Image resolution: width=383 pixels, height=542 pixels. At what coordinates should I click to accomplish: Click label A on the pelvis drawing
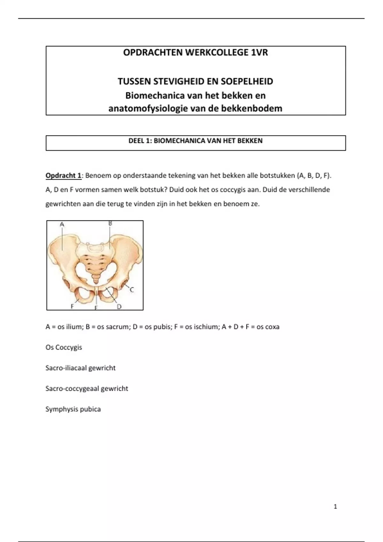[x=62, y=224]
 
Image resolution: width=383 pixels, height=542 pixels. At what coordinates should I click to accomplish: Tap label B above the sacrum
[x=110, y=223]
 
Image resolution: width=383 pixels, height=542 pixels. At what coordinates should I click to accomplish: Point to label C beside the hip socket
[x=131, y=290]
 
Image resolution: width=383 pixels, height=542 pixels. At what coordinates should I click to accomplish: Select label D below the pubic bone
[x=119, y=306]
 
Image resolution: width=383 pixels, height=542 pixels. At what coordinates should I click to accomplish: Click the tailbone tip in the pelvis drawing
[x=95, y=282]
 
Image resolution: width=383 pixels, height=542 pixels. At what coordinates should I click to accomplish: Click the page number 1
[x=335, y=506]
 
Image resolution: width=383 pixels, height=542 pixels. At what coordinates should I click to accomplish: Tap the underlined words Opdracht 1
[x=63, y=175]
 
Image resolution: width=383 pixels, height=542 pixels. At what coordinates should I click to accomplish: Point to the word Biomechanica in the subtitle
[x=151, y=96]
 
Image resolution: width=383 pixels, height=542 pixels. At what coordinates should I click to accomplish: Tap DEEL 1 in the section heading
[x=139, y=141]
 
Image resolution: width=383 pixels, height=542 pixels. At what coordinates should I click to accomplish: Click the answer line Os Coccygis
[x=64, y=347]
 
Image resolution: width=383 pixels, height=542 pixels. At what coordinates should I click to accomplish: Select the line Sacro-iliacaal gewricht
[x=80, y=368]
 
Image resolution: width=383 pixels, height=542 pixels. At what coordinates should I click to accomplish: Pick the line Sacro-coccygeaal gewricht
[x=87, y=389]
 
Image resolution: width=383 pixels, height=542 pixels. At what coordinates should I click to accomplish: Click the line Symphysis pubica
[x=73, y=409]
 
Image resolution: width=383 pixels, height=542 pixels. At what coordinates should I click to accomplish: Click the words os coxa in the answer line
[x=268, y=327]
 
